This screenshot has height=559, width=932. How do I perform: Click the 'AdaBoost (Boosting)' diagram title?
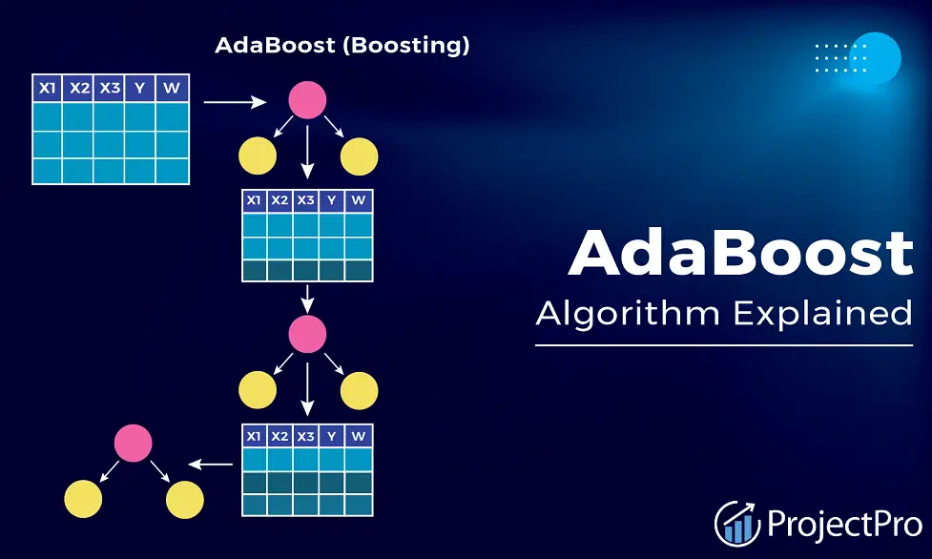(342, 45)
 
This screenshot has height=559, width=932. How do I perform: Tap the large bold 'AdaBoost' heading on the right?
(740, 253)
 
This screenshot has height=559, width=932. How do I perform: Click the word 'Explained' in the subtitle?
(822, 313)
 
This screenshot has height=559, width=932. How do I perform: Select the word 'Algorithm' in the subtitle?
(628, 315)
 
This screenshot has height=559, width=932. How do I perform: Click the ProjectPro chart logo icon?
(737, 524)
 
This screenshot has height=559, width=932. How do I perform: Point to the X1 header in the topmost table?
(48, 88)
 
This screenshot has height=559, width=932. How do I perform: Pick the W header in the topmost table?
(172, 88)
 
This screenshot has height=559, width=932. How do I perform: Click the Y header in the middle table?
(332, 200)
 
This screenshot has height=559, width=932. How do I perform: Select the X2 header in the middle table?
(280, 200)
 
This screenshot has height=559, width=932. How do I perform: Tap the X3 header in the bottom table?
(305, 436)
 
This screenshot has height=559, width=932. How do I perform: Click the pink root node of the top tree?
(307, 100)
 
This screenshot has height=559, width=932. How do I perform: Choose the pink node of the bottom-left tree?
(134, 443)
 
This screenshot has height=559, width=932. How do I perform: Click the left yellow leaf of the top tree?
(258, 156)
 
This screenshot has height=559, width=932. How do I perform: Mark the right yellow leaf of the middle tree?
(359, 391)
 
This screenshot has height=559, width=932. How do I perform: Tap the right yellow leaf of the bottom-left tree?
(185, 500)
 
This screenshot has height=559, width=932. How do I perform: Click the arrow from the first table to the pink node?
(235, 102)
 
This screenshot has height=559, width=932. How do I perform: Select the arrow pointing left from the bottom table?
(211, 464)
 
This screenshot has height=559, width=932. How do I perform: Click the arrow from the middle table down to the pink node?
(307, 300)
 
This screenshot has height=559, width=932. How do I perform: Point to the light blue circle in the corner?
(875, 58)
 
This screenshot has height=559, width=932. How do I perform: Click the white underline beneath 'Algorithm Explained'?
(724, 345)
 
